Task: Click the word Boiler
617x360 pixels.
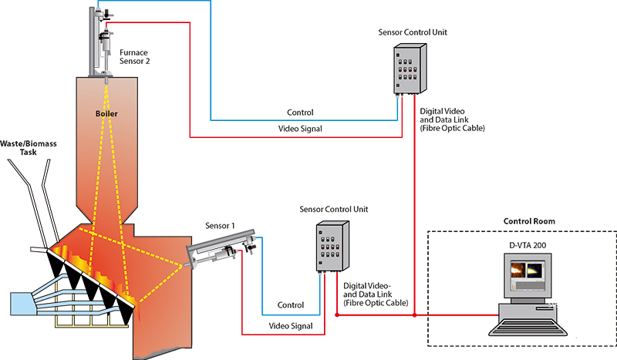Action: pos(107,113)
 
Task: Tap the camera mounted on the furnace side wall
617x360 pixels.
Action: pos(224,248)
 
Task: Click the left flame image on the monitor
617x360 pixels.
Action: pos(514,271)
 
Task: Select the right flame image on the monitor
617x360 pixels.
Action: pos(534,271)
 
